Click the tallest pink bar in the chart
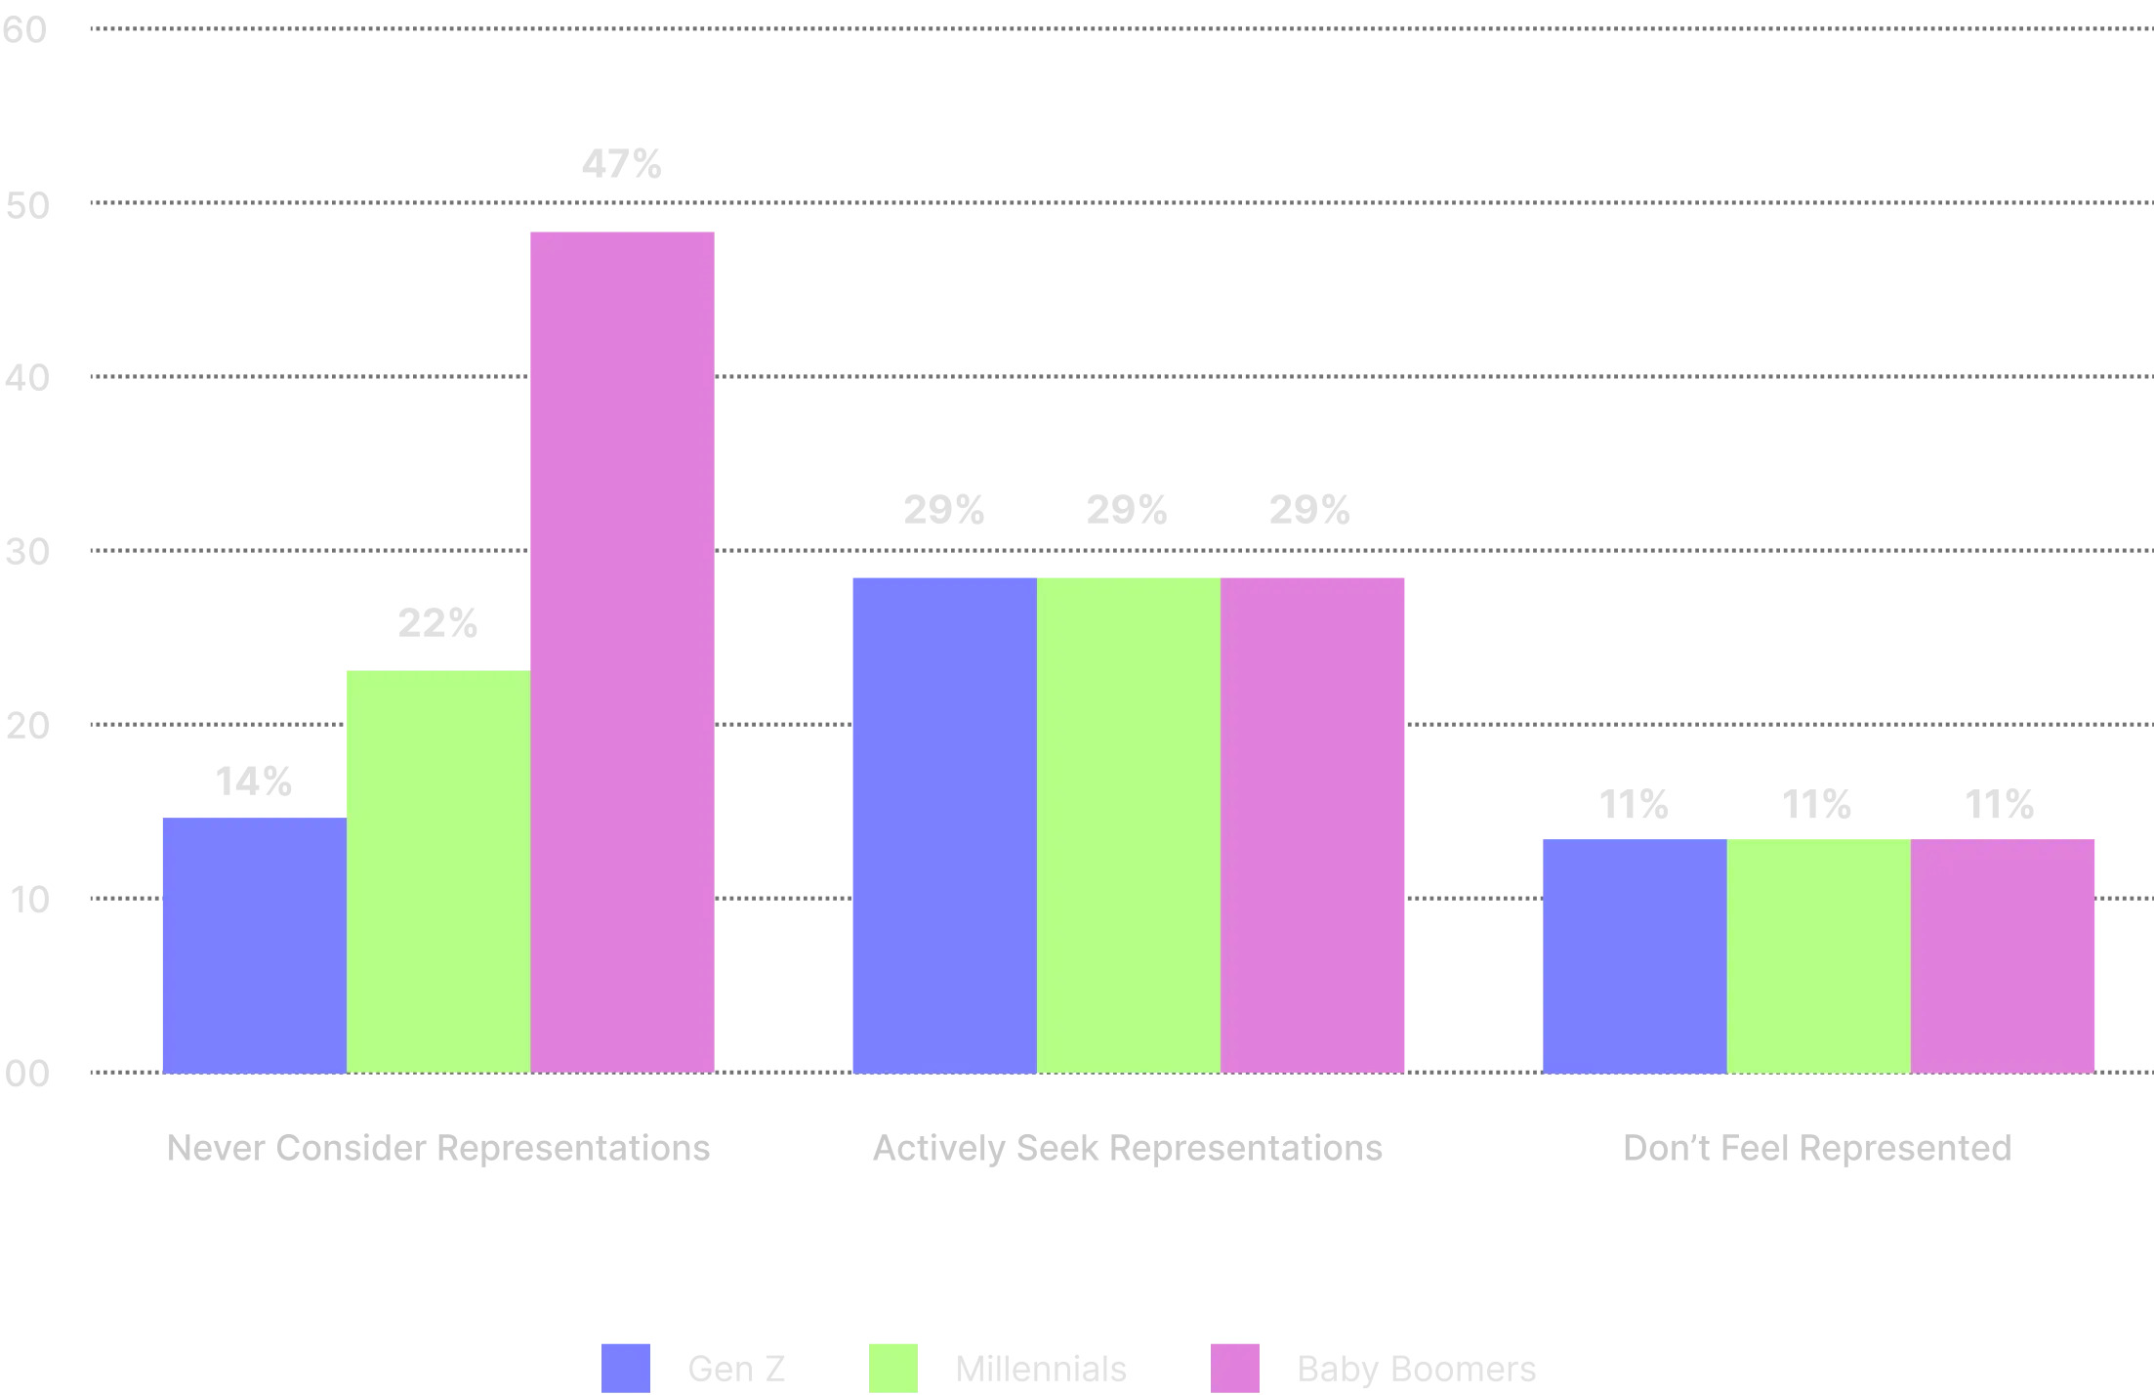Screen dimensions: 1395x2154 [x=622, y=650]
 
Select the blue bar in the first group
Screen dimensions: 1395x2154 [x=253, y=944]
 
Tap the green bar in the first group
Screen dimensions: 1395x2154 [x=438, y=869]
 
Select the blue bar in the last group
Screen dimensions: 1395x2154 [x=1633, y=954]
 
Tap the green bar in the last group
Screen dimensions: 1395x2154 [x=1818, y=954]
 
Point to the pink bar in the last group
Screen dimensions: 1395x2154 [x=2005, y=954]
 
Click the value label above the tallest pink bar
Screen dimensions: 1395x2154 [x=621, y=164]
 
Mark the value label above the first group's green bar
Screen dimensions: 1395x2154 [x=439, y=622]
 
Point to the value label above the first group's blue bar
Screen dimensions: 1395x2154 [x=253, y=780]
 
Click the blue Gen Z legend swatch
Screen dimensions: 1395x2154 [x=627, y=1366]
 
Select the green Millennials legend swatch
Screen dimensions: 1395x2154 [x=893, y=1366]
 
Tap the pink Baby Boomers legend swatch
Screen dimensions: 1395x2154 [x=1237, y=1366]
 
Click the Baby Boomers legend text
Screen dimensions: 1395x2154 [x=1416, y=1369]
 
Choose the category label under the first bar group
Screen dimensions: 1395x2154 [x=436, y=1150]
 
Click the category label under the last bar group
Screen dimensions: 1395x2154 [x=1818, y=1150]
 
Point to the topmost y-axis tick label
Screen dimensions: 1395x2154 [x=25, y=30]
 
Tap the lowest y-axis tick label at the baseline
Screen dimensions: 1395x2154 [x=27, y=1077]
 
